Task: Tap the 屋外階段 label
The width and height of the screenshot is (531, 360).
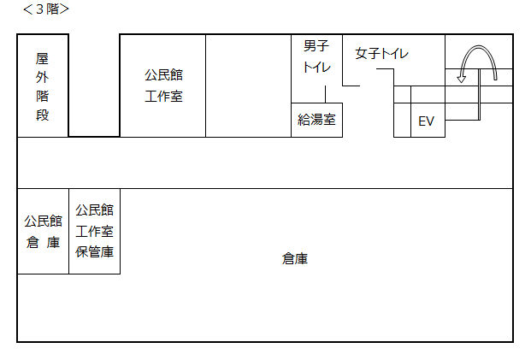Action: point(43,86)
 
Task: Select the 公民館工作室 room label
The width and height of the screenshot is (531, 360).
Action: point(163,86)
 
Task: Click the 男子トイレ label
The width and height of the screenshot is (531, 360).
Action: point(316,56)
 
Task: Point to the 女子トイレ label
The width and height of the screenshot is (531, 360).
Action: point(382,53)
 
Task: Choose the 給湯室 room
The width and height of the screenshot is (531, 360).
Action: point(316,121)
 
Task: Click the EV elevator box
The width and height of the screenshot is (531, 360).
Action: point(426,121)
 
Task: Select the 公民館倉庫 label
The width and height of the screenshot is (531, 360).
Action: point(43,231)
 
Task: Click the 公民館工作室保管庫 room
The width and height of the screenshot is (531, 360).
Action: point(94,231)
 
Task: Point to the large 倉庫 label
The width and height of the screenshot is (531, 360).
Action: point(295,258)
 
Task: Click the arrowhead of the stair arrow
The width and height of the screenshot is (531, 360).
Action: point(462,79)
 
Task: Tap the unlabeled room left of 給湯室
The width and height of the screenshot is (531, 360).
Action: point(248,86)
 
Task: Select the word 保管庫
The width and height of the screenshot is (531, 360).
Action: point(94,251)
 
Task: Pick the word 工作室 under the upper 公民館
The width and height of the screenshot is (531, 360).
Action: point(163,96)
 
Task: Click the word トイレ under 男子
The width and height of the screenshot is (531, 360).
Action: point(316,68)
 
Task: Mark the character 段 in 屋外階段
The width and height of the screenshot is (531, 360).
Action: point(43,115)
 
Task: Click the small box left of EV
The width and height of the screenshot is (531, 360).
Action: point(402,121)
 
